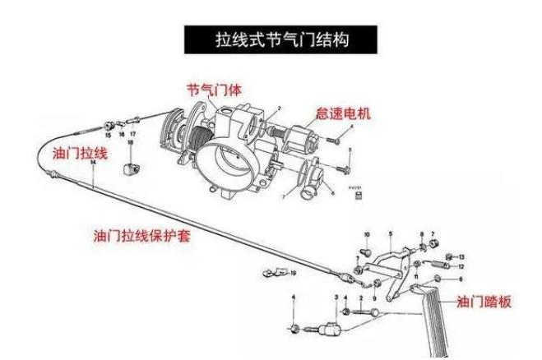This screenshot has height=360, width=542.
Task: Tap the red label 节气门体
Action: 214,89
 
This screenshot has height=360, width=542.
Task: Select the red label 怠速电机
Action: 342,113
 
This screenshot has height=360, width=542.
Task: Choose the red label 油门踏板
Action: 484,302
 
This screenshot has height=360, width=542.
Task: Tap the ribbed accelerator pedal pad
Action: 435,321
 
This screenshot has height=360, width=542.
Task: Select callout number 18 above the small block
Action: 129,143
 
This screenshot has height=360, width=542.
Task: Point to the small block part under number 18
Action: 128,169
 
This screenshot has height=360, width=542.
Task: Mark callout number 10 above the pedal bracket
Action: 367,234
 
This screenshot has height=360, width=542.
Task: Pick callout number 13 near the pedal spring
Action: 461,256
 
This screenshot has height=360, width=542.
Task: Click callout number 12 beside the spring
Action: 461,266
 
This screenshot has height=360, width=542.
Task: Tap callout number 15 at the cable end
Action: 108,134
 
